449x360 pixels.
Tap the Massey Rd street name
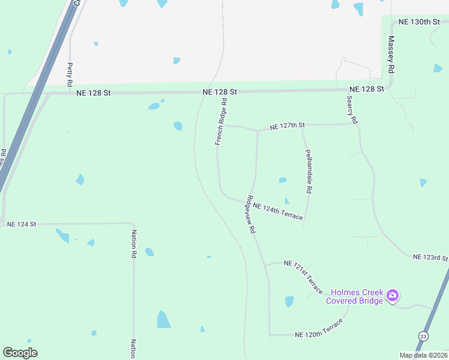pyautogui.click(x=391, y=55)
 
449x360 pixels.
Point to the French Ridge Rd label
pyautogui.click(x=221, y=122)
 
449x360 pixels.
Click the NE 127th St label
pyautogui.click(x=288, y=126)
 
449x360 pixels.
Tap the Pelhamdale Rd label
pyautogui.click(x=309, y=171)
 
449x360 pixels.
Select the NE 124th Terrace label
pyautogui.click(x=278, y=211)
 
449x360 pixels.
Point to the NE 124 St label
pyautogui.click(x=22, y=224)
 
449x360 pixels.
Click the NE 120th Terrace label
pyautogui.click(x=319, y=329)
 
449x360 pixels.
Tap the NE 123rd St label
pyautogui.click(x=430, y=257)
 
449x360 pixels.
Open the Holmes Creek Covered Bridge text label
pyautogui.click(x=354, y=296)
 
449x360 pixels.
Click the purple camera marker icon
pyautogui.click(x=393, y=295)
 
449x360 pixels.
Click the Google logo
pyautogui.click(x=20, y=352)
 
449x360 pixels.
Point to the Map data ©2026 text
pyautogui.click(x=423, y=355)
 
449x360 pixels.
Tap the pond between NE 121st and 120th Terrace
pyautogui.click(x=289, y=301)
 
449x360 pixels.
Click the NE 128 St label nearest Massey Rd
pyautogui.click(x=366, y=89)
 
